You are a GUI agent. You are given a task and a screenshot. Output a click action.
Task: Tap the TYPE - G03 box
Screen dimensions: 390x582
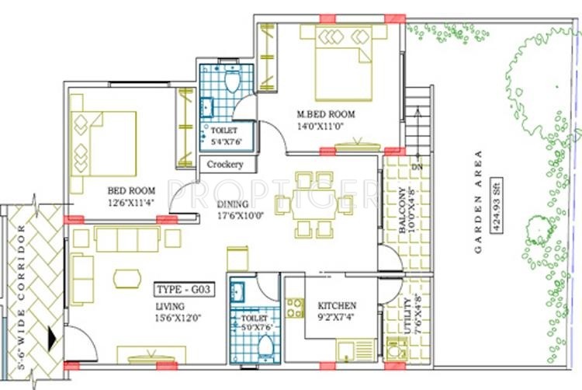185,290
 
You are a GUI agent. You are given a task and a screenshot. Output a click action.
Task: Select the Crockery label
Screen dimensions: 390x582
226,165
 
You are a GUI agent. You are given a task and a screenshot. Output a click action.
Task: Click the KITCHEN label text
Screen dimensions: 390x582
337,305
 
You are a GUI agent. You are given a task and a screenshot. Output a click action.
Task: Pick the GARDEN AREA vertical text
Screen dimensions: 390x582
480,203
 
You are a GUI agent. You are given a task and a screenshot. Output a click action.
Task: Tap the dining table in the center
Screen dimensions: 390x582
314,204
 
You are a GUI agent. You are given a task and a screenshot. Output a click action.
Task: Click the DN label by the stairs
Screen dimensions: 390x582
416,166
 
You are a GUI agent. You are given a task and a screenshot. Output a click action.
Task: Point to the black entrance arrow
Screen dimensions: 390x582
52,338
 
